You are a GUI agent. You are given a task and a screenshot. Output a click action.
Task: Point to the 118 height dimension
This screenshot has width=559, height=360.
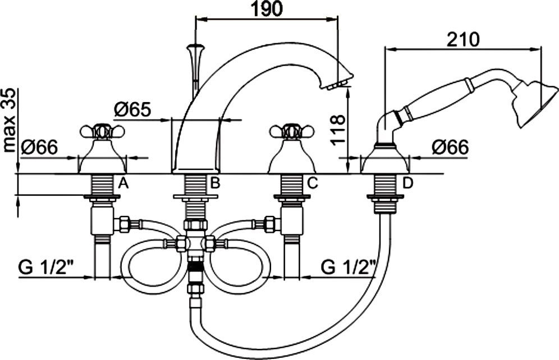point(337,131)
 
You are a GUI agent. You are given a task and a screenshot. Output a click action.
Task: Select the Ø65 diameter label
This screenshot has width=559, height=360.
point(132,109)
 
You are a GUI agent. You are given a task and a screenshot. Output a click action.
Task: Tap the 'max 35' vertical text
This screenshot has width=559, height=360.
point(10,120)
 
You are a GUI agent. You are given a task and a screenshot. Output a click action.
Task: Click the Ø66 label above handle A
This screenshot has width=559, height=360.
point(39,147)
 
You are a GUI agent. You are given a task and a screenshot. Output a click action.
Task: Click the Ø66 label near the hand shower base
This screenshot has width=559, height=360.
point(450,147)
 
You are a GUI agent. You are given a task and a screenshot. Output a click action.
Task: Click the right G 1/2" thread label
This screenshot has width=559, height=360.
point(348,267)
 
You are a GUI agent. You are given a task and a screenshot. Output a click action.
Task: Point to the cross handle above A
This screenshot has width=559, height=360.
point(102,132)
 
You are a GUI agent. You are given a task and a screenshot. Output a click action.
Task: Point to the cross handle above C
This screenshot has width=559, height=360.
point(291,132)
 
